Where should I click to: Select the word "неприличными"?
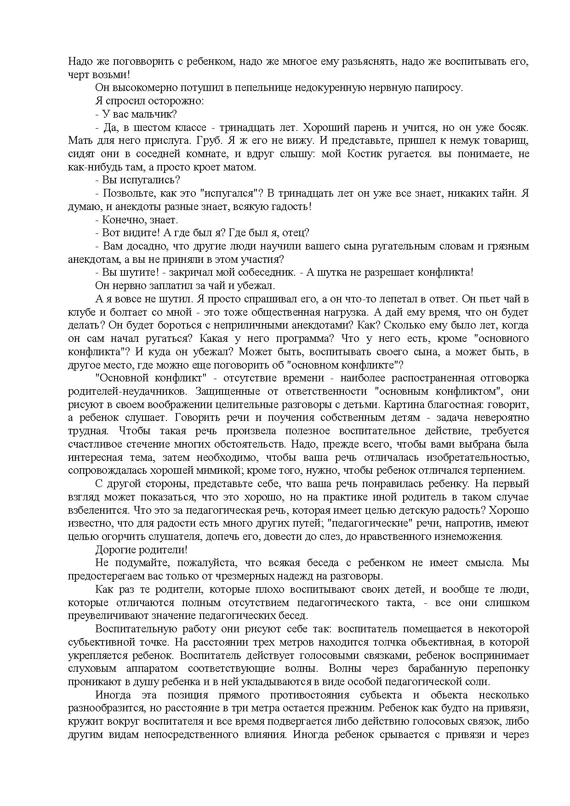(263, 325)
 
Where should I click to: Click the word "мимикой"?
(224, 471)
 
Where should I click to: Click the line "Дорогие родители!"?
(141, 550)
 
